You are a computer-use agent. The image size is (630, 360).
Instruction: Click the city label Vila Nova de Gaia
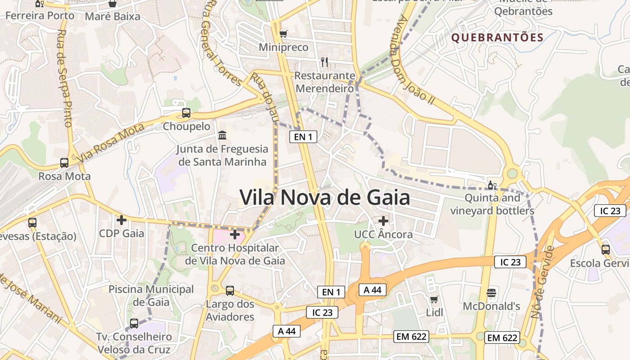[x=324, y=198]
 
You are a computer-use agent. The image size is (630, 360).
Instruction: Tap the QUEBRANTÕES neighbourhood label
[x=497, y=37]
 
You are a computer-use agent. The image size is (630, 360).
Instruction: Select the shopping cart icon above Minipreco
[x=283, y=34]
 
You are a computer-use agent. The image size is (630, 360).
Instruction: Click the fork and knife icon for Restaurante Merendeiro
[x=324, y=62]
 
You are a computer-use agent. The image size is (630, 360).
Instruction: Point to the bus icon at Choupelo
[x=186, y=113]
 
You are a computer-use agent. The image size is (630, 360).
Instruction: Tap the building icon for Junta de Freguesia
[x=222, y=135]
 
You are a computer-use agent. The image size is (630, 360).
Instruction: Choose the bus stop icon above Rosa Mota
[x=64, y=163]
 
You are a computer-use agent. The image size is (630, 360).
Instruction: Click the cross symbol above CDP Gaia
[x=121, y=220]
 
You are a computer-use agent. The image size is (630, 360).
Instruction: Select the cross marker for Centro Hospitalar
[x=234, y=234]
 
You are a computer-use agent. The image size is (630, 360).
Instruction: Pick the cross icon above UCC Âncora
[x=383, y=221]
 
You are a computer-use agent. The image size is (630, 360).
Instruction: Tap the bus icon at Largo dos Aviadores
[x=230, y=291]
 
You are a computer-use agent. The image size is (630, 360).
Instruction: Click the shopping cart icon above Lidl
[x=434, y=299]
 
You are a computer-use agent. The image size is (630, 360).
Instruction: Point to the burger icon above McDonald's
[x=491, y=293]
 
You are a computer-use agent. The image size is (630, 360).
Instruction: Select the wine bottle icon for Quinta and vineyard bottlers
[x=492, y=185]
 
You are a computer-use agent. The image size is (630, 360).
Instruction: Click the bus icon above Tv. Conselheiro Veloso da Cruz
[x=134, y=323]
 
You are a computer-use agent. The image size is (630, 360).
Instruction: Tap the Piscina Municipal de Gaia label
[x=151, y=295]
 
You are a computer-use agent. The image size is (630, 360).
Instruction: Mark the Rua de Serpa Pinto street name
[x=65, y=78]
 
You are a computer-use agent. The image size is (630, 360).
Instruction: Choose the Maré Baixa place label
[x=112, y=17]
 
